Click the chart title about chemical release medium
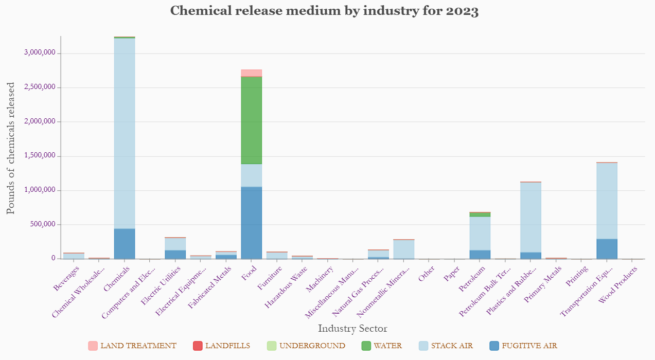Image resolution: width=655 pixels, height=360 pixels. (x=324, y=11)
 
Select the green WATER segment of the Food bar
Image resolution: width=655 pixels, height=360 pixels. (x=251, y=120)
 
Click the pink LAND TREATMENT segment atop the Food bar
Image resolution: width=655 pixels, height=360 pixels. (x=251, y=73)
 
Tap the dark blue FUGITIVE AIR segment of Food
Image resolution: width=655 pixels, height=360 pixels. (x=251, y=223)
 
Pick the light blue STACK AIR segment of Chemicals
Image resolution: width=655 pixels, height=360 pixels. (x=125, y=133)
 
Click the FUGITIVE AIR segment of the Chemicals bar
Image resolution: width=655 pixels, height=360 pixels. (x=125, y=244)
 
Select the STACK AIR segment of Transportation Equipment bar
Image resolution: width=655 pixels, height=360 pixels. (x=607, y=201)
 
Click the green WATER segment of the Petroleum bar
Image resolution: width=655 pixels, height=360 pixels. (x=480, y=214)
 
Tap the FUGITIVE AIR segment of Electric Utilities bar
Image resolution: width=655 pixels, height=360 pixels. (x=175, y=255)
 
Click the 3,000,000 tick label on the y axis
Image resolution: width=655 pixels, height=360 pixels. (x=40, y=53)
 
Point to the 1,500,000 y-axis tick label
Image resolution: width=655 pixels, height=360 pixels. (x=40, y=156)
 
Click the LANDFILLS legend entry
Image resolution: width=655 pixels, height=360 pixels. (x=221, y=346)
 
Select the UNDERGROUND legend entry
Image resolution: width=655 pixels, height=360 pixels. (x=305, y=346)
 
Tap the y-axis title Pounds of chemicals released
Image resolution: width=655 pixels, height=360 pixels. (x=11, y=148)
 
